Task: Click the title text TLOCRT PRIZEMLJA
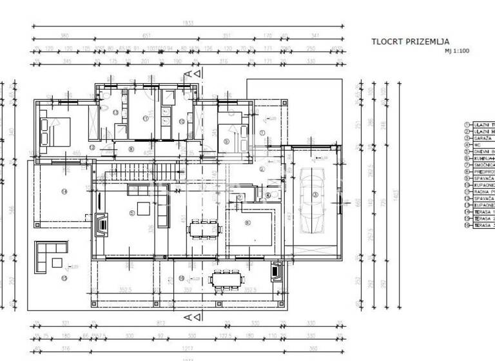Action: (x=410, y=42)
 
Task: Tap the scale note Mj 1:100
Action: (x=456, y=51)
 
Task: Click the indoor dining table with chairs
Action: (x=204, y=228)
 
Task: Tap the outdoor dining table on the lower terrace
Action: (x=228, y=278)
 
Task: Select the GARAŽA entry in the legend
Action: (x=483, y=138)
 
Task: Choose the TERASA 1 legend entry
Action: (x=483, y=212)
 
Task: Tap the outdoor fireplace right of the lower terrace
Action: (x=277, y=271)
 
